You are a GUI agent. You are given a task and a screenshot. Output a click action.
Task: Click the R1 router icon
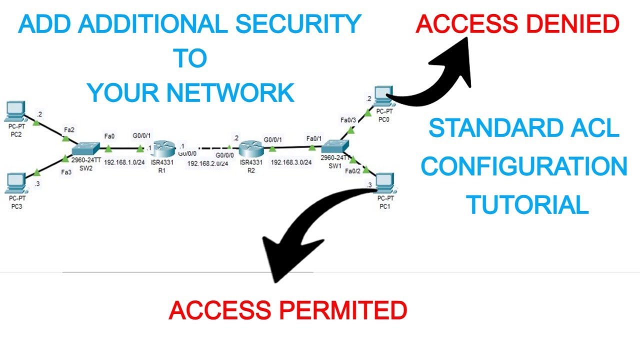[163, 148]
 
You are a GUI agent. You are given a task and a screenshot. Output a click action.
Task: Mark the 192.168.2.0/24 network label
[207, 163]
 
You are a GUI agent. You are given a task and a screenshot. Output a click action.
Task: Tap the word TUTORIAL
[527, 205]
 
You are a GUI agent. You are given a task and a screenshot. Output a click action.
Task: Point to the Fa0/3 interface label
[348, 120]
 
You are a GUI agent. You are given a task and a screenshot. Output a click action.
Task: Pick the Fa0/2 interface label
[353, 170]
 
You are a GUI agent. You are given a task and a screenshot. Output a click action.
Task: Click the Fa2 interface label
[69, 130]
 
